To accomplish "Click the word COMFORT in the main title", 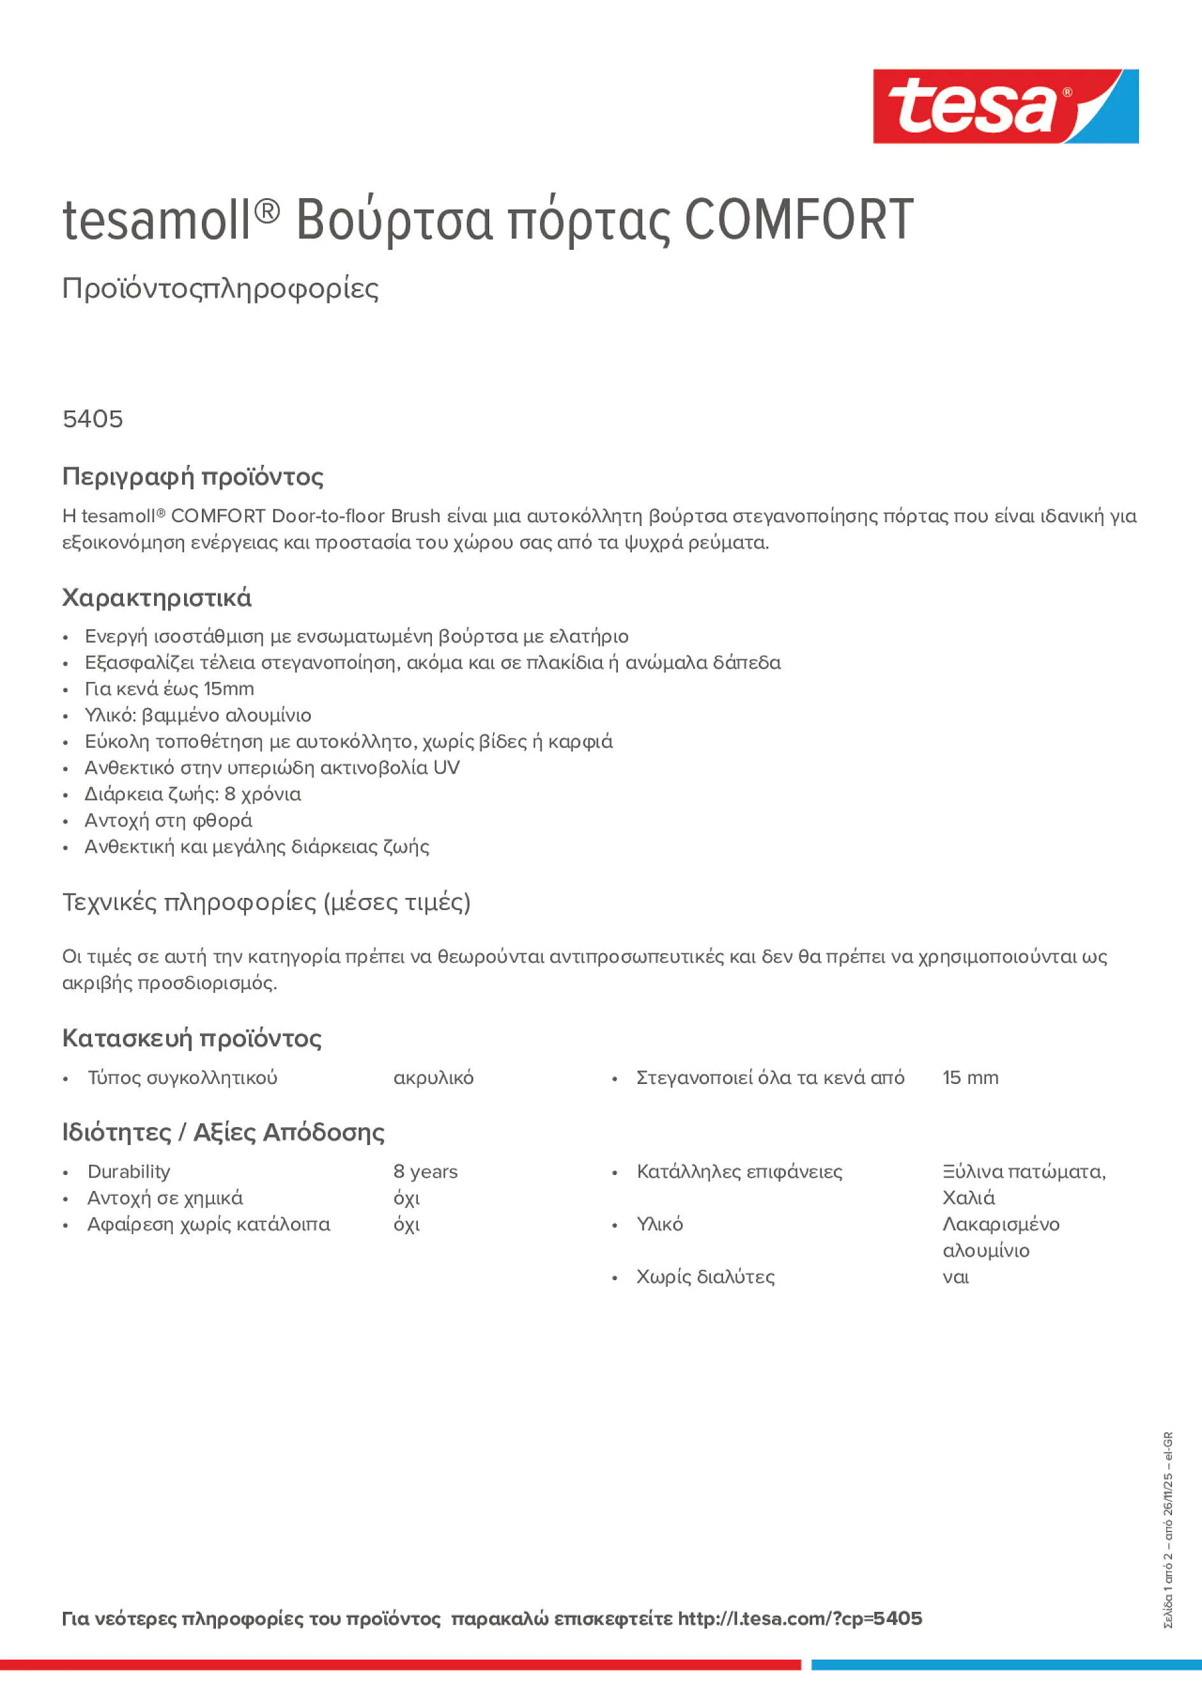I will click(x=799, y=220).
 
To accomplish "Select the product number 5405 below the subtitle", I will click(x=92, y=419).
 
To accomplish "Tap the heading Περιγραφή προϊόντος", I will click(x=192, y=476).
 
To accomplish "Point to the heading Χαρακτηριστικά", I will click(x=156, y=598).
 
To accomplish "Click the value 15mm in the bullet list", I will click(x=229, y=689).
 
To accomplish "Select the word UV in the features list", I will click(x=446, y=767).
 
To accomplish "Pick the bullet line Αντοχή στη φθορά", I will click(x=168, y=820).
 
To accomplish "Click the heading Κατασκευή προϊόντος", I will click(x=191, y=1038).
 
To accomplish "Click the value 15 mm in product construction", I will click(x=970, y=1078).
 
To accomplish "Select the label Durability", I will click(x=129, y=1171).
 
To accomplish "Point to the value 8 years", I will click(x=426, y=1171).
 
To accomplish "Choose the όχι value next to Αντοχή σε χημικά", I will click(x=406, y=1198).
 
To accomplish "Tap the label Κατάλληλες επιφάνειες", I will click(x=739, y=1171).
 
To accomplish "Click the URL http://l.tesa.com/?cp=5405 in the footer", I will click(x=799, y=1618).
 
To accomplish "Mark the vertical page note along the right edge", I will click(x=1169, y=1529).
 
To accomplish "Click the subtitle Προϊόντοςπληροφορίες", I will click(x=220, y=288).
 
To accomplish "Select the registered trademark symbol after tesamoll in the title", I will click(x=268, y=211).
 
